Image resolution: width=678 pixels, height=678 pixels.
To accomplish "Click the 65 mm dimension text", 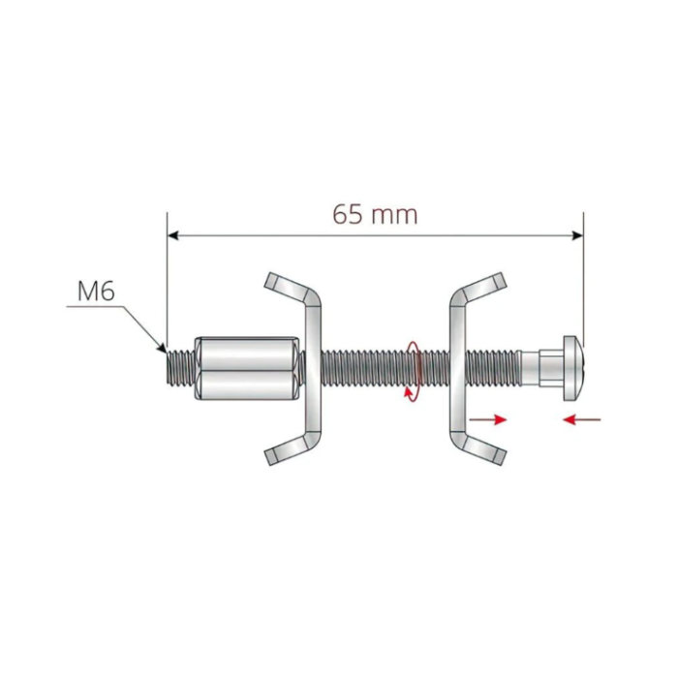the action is point(376,214).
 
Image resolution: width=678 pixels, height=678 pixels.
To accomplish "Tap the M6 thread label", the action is point(96,291).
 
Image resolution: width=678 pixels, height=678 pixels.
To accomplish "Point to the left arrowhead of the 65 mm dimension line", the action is point(173,235).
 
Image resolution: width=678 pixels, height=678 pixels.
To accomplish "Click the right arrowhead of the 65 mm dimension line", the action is point(577,235).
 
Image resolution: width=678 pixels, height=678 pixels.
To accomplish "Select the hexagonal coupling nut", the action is point(246,369).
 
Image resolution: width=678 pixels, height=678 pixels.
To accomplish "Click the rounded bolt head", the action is point(573,369).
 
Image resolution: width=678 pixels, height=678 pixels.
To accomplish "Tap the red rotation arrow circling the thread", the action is point(414,372).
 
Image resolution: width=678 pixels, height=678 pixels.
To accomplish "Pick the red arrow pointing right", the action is point(488,419).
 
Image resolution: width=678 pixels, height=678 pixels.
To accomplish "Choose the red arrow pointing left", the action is point(581,419).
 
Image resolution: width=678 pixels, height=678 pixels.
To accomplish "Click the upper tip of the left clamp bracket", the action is point(270,280).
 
